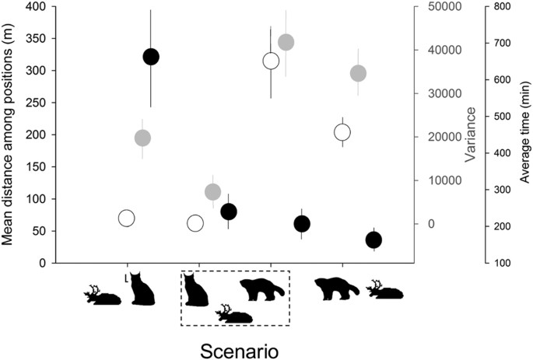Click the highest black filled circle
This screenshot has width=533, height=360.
pos(150,57)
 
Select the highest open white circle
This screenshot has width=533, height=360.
pos(271,61)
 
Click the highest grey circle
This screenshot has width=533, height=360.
pos(286,42)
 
